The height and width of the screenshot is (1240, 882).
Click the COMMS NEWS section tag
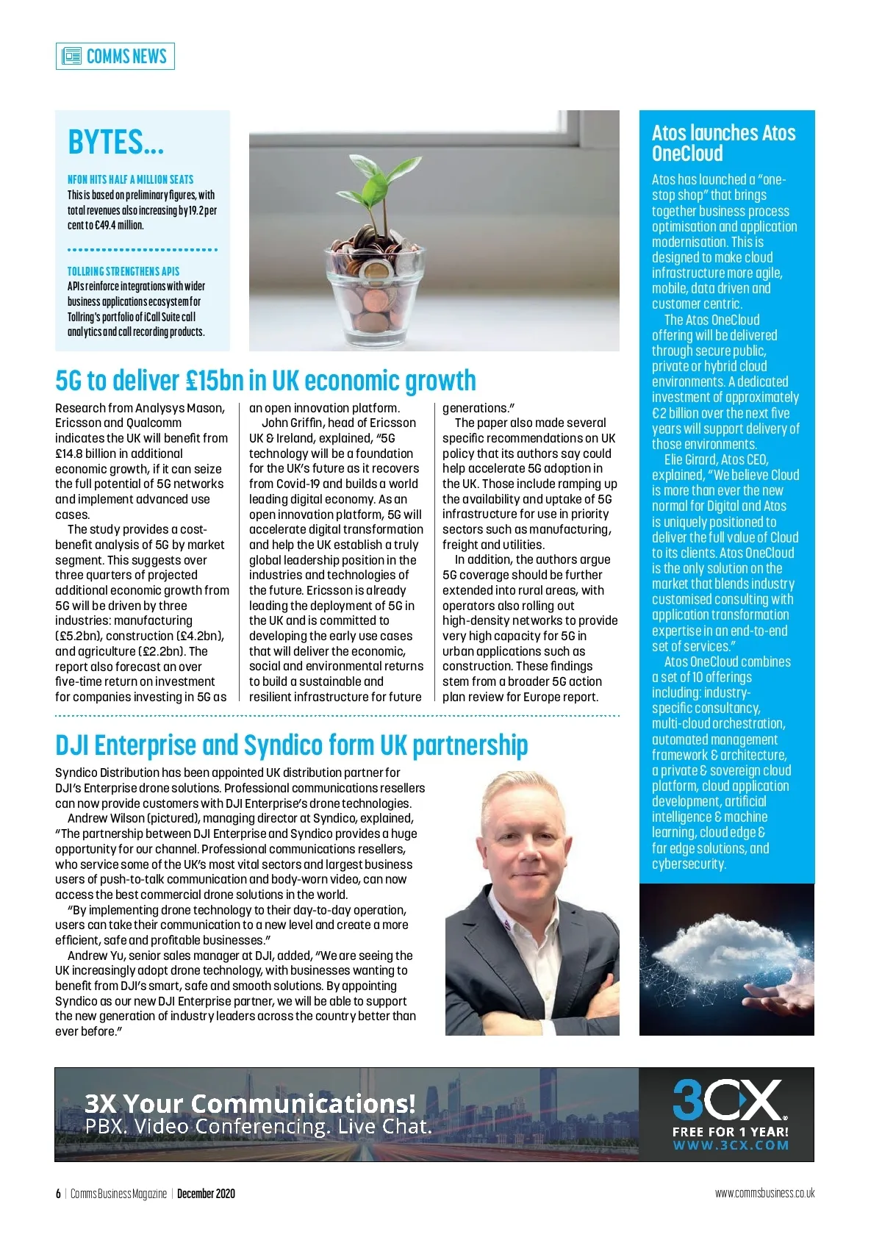(115, 56)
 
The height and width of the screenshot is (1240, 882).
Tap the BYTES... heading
(115, 142)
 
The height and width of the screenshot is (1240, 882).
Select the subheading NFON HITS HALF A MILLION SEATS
(130, 179)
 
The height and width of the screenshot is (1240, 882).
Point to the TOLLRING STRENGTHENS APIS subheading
(123, 271)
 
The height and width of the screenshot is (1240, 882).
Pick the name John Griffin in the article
(293, 423)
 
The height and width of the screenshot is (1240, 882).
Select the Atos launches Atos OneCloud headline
(723, 143)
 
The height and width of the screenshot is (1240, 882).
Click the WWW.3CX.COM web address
(731, 1145)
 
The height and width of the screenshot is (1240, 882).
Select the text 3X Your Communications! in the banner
(250, 1103)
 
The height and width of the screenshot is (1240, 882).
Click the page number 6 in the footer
(58, 1194)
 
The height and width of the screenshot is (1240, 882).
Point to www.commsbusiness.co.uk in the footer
(764, 1193)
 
